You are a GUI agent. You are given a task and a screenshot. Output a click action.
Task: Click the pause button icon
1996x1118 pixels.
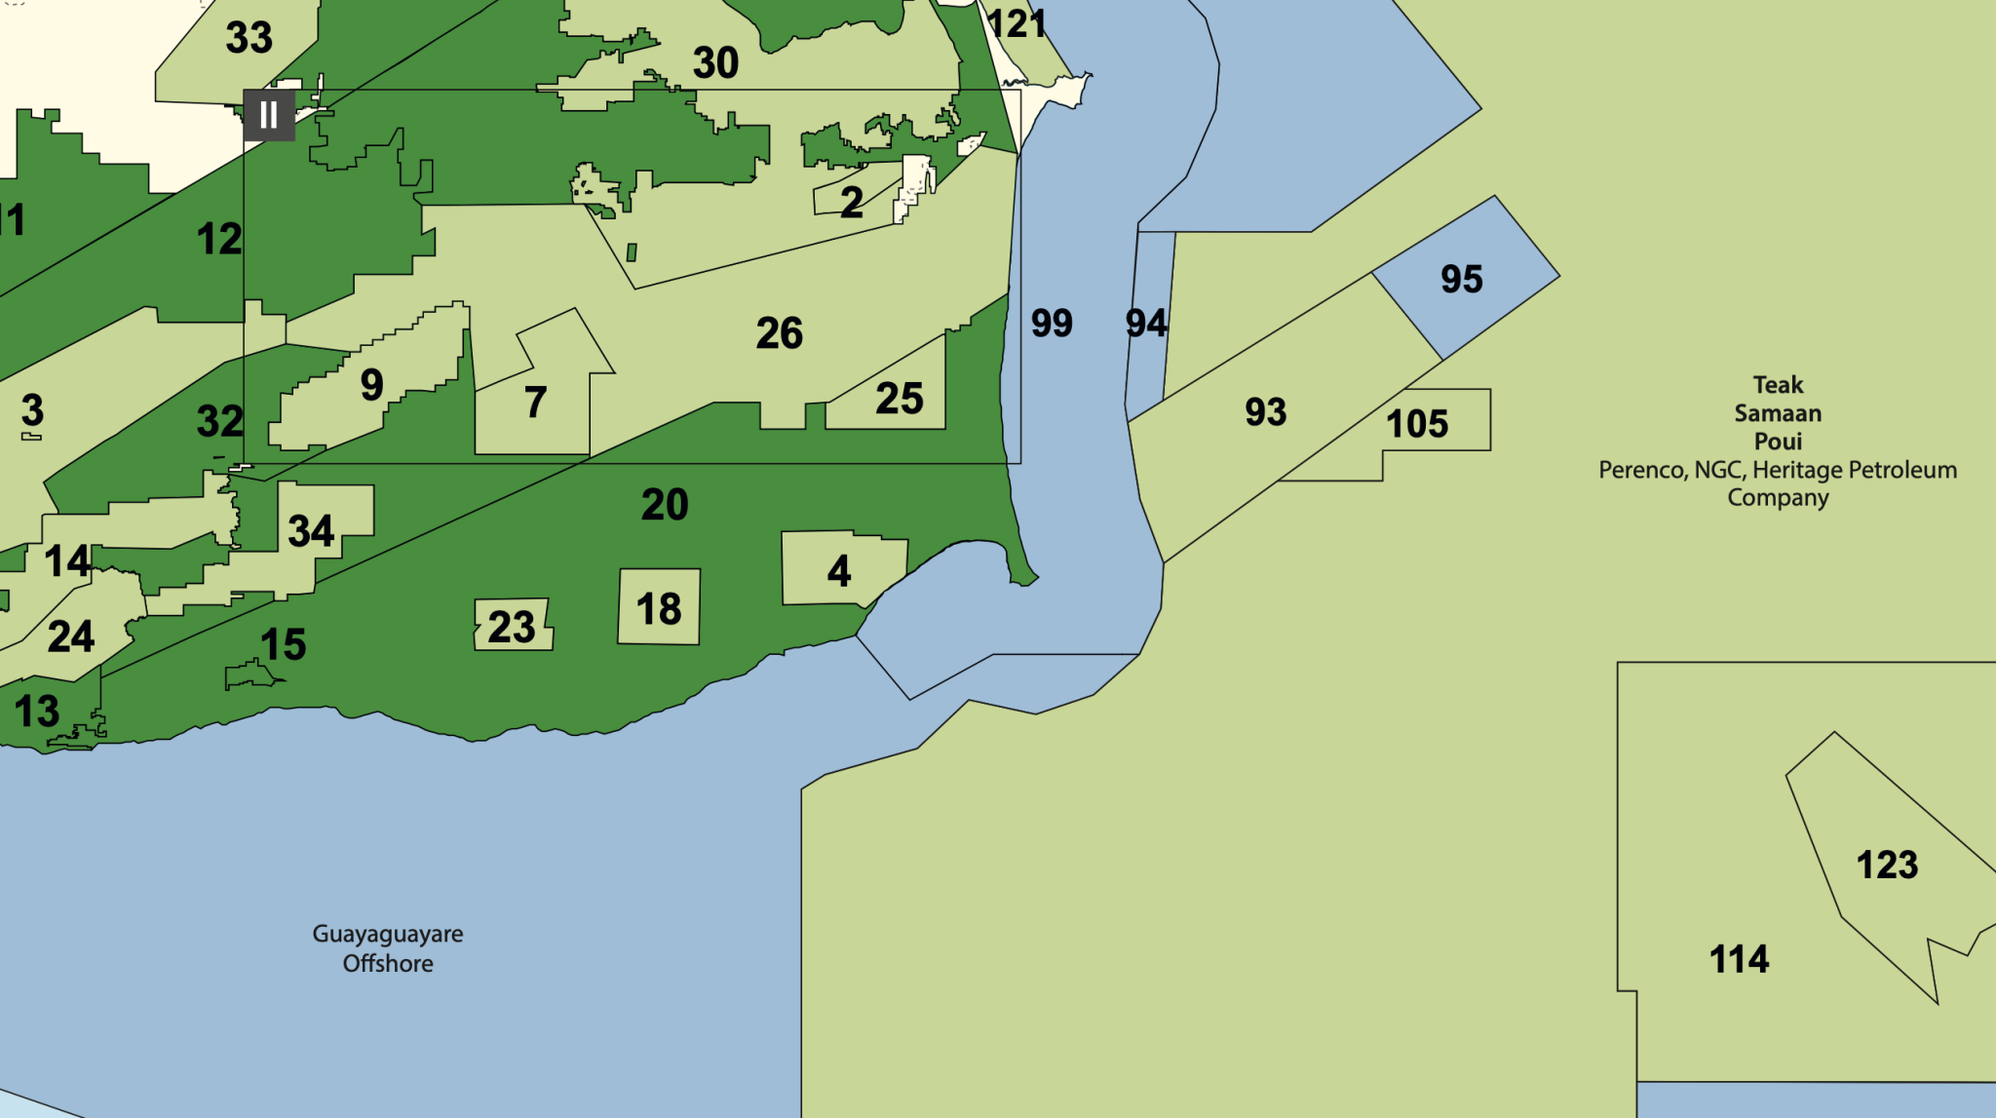269,115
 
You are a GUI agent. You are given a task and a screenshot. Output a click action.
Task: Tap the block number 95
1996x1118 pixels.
1461,280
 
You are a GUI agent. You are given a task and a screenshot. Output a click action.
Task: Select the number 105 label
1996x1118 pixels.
1417,424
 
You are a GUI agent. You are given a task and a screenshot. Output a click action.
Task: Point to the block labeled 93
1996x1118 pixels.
1265,412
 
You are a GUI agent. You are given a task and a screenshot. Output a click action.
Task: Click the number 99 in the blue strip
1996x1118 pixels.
1052,323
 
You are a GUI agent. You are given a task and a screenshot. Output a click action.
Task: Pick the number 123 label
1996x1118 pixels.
1887,866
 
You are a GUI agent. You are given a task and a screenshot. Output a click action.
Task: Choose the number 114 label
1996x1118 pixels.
1739,959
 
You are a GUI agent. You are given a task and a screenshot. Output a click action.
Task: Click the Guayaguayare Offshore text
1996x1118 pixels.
388,948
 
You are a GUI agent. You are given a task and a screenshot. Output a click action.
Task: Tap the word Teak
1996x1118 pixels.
1778,385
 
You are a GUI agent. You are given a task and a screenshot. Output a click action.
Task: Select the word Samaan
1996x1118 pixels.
1778,413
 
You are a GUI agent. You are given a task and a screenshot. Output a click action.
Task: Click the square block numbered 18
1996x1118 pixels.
659,609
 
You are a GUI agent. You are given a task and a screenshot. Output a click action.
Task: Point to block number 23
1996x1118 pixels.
512,628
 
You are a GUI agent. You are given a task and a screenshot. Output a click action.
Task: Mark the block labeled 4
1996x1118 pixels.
839,571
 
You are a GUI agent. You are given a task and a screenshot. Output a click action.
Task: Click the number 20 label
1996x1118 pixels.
665,505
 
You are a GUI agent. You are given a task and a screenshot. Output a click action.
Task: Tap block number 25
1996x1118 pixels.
899,399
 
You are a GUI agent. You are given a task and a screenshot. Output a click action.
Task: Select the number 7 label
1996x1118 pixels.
535,403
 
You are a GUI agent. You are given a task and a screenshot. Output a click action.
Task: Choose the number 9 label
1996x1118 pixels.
371,385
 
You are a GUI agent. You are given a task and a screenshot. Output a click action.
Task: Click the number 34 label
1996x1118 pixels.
311,531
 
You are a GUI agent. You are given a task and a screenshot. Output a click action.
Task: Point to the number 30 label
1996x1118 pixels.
715,63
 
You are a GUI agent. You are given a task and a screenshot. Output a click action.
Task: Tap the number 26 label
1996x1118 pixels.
780,333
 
